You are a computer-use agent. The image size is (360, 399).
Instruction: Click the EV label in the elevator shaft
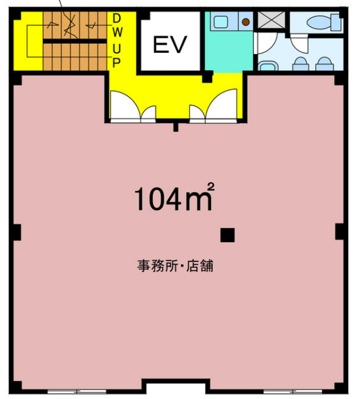point(170,45)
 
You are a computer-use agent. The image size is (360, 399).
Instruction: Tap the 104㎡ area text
point(174,197)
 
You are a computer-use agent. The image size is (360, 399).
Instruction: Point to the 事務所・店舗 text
point(175,266)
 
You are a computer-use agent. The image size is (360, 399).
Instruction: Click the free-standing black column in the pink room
point(227,235)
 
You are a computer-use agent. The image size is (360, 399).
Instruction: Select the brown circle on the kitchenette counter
point(246,22)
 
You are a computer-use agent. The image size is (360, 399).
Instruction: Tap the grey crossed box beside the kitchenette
point(271,20)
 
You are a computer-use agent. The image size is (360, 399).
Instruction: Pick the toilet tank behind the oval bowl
point(336,23)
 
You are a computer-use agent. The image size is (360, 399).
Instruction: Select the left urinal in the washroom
point(301,64)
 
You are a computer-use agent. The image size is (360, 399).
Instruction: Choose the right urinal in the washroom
point(324,64)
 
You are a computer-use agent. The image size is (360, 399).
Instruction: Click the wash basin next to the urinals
point(268,66)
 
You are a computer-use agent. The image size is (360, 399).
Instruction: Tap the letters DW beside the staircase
point(117,26)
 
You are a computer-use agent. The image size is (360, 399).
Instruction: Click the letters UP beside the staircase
point(117,55)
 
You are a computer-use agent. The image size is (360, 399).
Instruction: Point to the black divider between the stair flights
point(75,41)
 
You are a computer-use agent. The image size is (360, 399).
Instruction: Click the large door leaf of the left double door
point(125,105)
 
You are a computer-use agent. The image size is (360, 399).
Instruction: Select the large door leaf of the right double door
point(221,105)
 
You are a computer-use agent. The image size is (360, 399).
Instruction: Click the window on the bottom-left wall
point(77,391)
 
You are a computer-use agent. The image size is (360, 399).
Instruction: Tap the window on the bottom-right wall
point(293,391)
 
